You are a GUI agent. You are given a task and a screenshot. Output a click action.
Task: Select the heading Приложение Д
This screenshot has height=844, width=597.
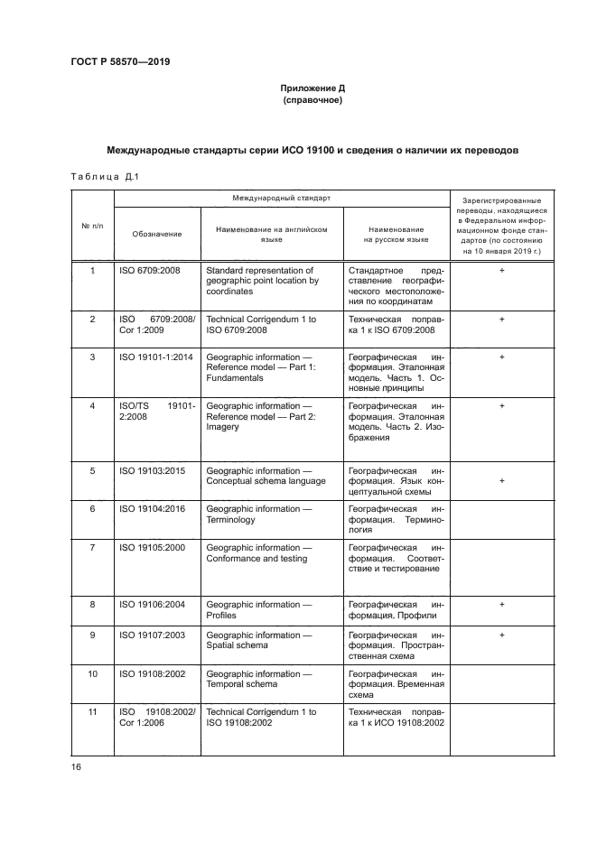click(x=312, y=88)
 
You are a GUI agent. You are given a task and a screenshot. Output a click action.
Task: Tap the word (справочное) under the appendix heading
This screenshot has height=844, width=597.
click(x=312, y=101)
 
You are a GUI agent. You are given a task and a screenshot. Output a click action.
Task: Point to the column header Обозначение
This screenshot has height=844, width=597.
click(x=157, y=234)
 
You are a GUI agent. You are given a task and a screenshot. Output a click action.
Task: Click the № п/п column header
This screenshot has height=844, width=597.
click(x=92, y=225)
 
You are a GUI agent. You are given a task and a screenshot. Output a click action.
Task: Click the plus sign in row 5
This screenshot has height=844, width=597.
click(x=500, y=480)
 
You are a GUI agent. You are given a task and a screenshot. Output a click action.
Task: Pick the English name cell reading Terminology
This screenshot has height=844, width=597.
click(x=231, y=520)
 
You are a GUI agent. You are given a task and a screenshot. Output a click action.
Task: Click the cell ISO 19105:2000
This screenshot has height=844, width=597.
click(x=152, y=547)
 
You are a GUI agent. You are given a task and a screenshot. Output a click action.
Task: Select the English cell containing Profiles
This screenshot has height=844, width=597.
click(x=221, y=616)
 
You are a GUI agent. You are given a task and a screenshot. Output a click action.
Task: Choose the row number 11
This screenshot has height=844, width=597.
click(x=92, y=712)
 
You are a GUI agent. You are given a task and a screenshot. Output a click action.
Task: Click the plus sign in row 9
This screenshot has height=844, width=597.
click(x=500, y=635)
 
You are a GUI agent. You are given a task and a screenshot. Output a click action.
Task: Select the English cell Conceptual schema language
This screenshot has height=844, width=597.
click(x=266, y=480)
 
